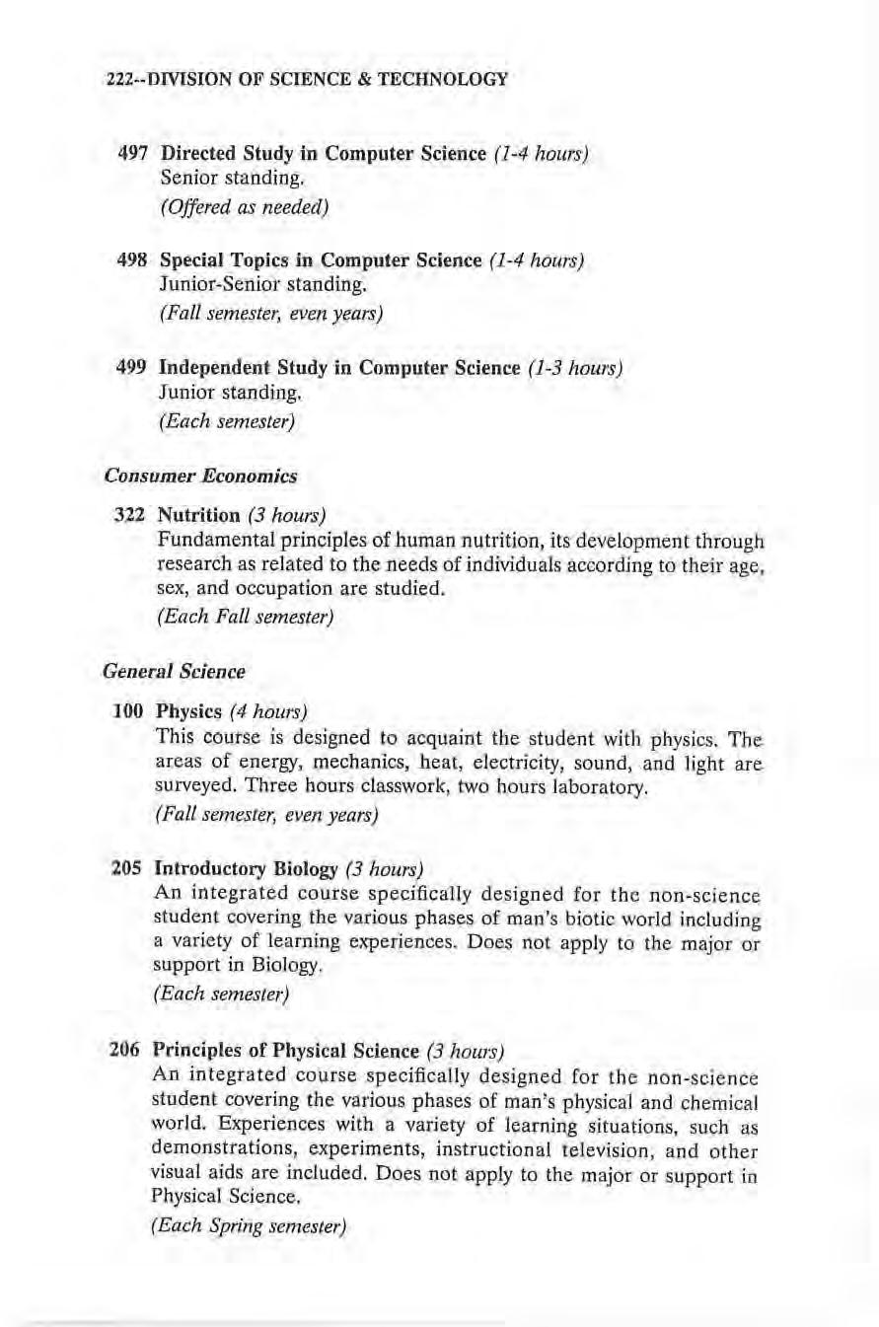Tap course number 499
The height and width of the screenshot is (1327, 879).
coord(132,368)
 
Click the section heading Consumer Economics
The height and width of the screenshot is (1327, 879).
coord(200,476)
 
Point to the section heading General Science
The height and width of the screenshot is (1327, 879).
coord(174,672)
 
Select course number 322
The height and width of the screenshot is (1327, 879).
coord(132,515)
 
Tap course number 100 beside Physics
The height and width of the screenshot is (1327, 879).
coord(132,710)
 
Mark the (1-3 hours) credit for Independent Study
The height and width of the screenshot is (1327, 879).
coord(574,369)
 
